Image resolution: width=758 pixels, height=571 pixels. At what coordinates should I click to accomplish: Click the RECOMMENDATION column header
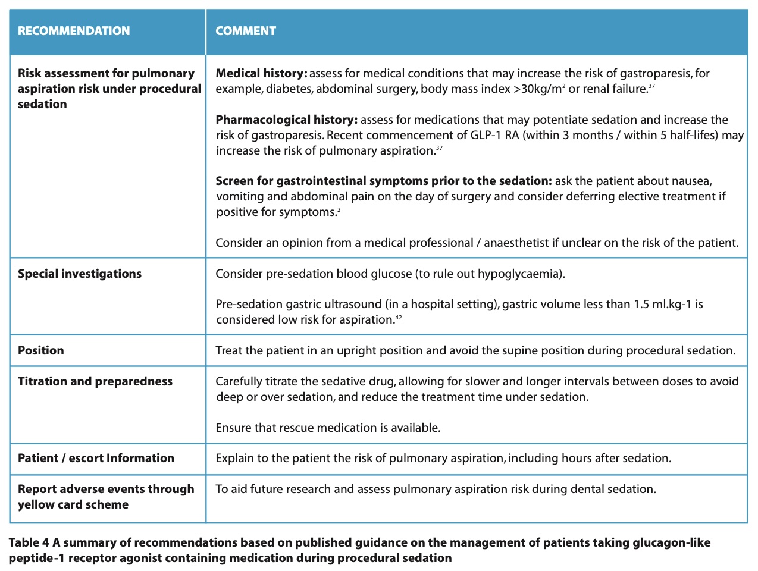(74, 31)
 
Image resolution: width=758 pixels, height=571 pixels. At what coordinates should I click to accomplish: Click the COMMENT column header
(246, 31)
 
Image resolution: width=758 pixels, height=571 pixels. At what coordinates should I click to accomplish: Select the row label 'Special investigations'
(80, 274)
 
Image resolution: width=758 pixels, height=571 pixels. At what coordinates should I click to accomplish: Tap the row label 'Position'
(40, 350)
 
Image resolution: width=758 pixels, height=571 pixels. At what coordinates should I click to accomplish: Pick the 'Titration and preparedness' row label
(95, 381)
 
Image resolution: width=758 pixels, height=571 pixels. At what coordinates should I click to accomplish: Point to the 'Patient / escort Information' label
(96, 458)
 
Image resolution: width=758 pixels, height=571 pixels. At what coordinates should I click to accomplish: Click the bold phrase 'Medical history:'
(261, 73)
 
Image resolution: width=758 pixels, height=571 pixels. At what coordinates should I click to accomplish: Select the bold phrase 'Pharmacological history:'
(286, 120)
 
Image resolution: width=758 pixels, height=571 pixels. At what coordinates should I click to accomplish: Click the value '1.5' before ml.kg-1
(641, 304)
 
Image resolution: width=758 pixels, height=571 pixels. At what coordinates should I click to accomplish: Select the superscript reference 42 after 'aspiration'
(399, 318)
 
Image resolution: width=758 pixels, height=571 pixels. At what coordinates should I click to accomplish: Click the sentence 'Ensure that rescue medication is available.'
(328, 428)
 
